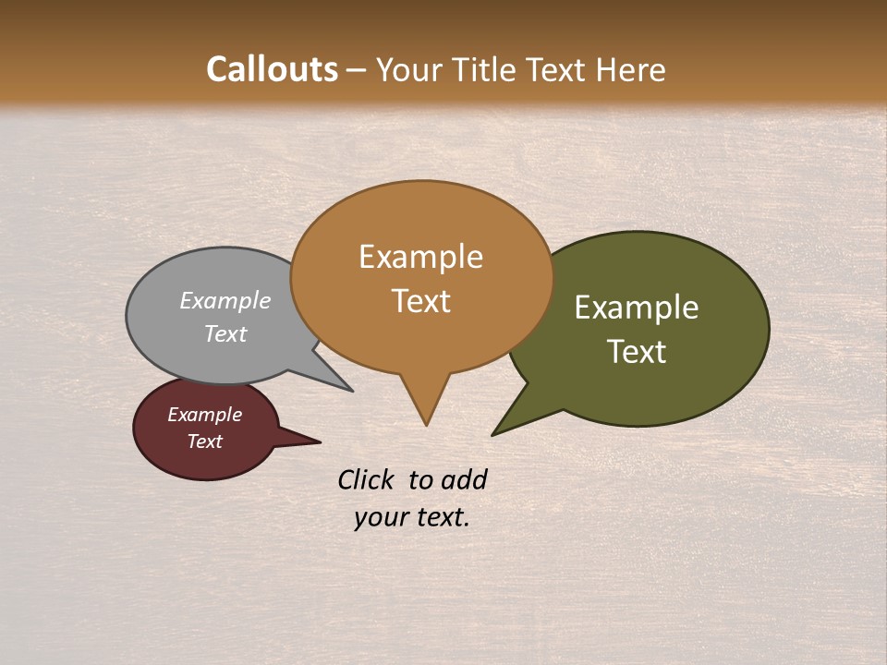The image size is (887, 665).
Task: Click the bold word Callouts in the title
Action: pyautogui.click(x=273, y=69)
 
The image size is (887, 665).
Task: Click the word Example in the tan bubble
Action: pyautogui.click(x=420, y=257)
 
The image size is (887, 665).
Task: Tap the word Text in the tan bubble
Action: pyautogui.click(x=420, y=301)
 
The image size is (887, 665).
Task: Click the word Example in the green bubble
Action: pyautogui.click(x=637, y=308)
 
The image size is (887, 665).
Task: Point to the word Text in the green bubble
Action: pyautogui.click(x=637, y=352)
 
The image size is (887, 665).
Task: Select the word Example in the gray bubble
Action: pyautogui.click(x=225, y=301)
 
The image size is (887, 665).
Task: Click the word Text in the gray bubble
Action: pyautogui.click(x=225, y=334)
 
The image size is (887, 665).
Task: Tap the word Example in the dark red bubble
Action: pyautogui.click(x=204, y=415)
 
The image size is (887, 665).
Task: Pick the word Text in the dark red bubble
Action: pyautogui.click(x=204, y=441)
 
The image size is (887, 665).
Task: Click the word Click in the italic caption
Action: pyautogui.click(x=367, y=479)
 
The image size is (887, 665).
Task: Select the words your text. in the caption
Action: pyautogui.click(x=412, y=517)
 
